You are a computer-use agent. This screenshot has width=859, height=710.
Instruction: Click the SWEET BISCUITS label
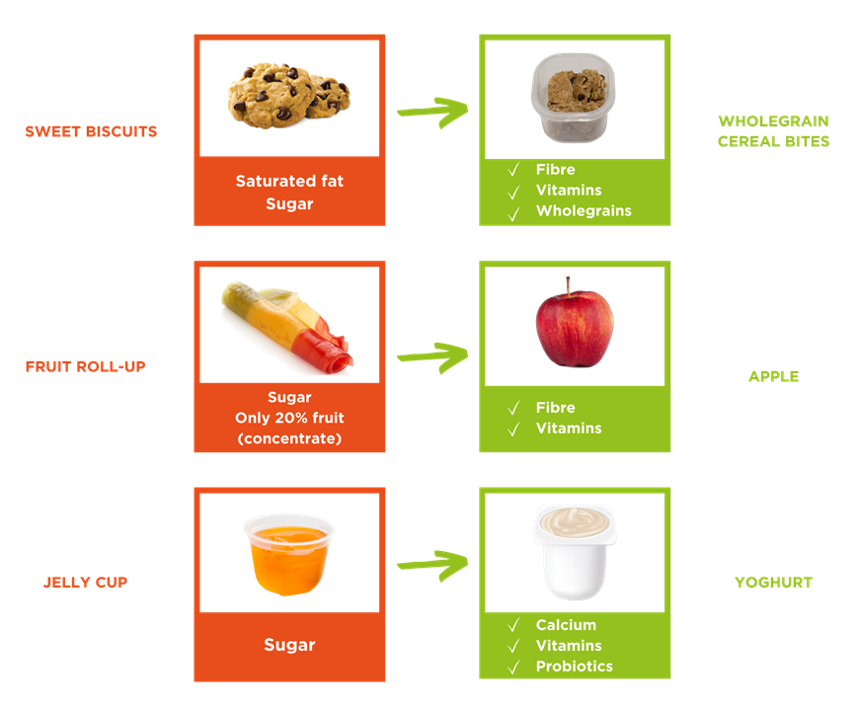coord(91,131)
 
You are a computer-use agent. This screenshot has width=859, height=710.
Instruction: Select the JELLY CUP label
coord(85,583)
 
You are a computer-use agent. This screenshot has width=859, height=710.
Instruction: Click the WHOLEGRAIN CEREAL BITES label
coord(773,131)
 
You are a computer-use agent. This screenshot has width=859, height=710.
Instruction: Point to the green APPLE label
coord(773,376)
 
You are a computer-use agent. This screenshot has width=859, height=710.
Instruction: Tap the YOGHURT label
coord(773,583)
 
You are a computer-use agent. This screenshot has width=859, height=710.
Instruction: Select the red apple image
coord(574,324)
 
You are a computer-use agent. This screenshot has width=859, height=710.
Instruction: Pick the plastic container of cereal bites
coord(570,97)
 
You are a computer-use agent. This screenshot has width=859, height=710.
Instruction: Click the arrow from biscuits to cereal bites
coord(432,112)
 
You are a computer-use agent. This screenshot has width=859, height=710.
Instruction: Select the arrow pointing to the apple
coord(432,356)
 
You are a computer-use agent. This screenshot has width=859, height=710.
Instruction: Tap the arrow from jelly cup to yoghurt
coord(432,564)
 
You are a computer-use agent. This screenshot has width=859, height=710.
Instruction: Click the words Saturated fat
coord(289,182)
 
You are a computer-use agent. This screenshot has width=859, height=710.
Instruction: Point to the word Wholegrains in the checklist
coord(584,210)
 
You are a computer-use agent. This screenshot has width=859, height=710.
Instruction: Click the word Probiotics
coord(574,667)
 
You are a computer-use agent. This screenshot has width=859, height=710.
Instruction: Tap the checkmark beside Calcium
coord(513,626)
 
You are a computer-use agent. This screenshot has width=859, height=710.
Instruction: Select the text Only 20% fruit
coord(289,418)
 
